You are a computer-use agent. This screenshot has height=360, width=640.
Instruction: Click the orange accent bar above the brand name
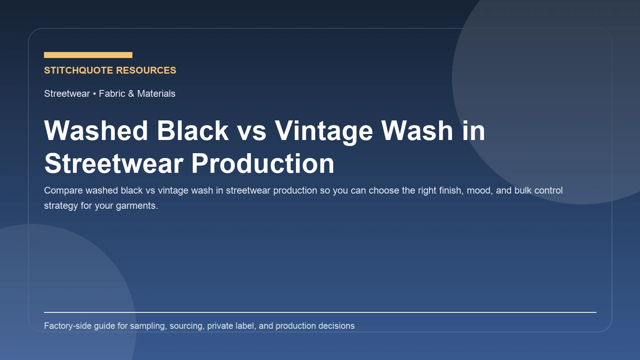[88, 55]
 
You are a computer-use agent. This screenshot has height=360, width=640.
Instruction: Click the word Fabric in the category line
[112, 94]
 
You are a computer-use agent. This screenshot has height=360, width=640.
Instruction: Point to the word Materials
[156, 94]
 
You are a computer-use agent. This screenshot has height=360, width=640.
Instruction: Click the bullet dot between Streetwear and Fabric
[94, 94]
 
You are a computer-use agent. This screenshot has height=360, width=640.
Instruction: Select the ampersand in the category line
[131, 94]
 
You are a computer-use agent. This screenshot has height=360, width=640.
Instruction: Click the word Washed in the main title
[96, 131]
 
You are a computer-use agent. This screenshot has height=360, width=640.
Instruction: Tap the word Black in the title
[192, 131]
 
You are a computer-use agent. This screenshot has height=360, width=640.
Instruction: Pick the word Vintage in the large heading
[324, 131]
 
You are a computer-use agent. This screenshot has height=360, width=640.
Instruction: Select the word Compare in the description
[63, 190]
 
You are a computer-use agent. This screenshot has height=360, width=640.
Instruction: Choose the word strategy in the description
[61, 206]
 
